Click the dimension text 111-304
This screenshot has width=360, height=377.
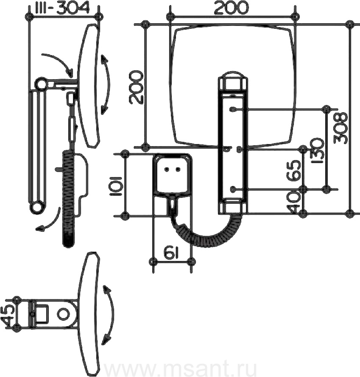64,8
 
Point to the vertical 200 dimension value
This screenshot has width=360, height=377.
136,88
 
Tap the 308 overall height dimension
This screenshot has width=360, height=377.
341,128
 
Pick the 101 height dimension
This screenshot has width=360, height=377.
116,186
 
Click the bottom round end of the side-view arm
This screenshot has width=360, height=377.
37,207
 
